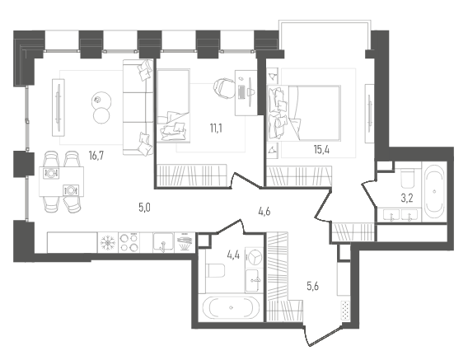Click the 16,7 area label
click(x=96, y=156)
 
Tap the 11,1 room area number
click(x=216, y=129)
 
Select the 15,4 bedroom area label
click(x=321, y=150)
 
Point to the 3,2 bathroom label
click(x=407, y=198)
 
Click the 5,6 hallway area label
click(x=313, y=286)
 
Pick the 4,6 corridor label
click(x=264, y=212)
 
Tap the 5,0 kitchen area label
click(x=144, y=208)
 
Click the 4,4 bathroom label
click(x=233, y=255)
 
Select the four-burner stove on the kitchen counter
click(x=129, y=243)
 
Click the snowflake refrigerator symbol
click(x=108, y=243)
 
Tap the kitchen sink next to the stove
click(x=163, y=243)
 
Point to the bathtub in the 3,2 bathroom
click(x=434, y=192)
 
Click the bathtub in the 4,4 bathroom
click(x=231, y=308)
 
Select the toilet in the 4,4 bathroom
click(x=216, y=270)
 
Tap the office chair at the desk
click(x=224, y=88)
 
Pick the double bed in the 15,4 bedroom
click(x=304, y=113)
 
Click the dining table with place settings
click(x=62, y=181)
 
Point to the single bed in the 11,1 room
click(x=173, y=105)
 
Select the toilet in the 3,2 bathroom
click(x=407, y=178)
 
